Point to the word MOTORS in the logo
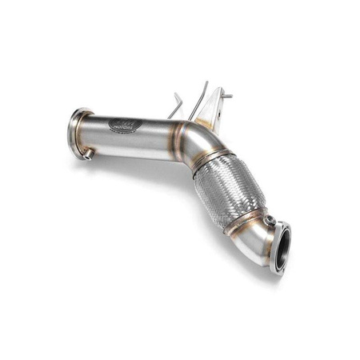point(125,130)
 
